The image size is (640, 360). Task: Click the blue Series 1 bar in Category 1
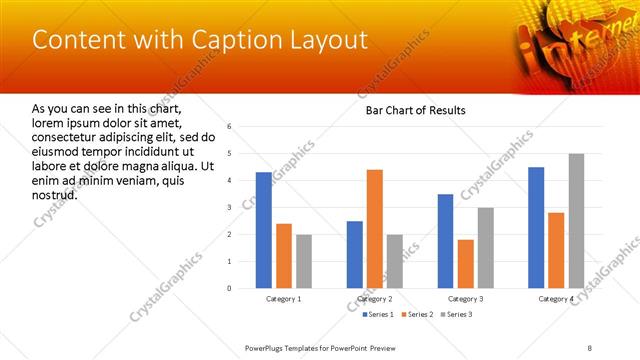264,230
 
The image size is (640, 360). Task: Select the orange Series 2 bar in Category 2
375,229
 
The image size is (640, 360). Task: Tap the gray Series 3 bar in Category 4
576,221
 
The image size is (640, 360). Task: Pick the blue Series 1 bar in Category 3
445,241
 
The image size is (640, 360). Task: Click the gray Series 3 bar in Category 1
304,261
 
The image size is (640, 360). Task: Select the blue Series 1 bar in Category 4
536,228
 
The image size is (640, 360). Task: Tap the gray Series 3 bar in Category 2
395,261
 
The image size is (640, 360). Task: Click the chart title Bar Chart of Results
415,110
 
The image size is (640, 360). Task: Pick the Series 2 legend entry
416,315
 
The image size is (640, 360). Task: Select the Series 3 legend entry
456,315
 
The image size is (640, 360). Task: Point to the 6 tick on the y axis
230,127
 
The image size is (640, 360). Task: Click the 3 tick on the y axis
230,208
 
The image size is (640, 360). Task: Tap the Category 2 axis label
375,299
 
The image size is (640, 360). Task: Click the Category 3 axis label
465,299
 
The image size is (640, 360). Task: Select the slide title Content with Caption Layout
200,40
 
